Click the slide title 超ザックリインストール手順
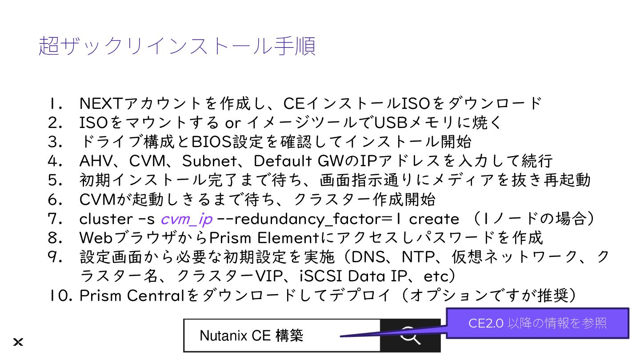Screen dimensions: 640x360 177,46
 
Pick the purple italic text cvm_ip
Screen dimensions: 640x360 186,219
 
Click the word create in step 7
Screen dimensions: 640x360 434,219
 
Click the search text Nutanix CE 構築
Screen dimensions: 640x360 252,336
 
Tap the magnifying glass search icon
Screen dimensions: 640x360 410,336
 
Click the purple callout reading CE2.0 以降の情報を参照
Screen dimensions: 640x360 537,323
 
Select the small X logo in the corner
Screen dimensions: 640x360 18,342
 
